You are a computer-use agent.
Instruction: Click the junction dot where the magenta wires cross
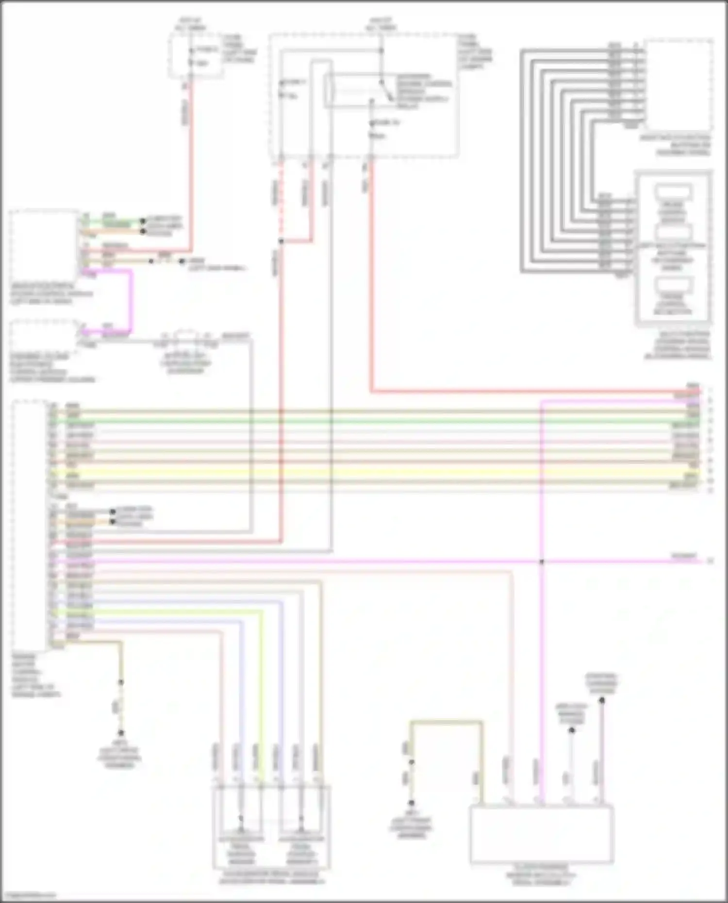click(542, 562)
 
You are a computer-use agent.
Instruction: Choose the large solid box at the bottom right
click(542, 835)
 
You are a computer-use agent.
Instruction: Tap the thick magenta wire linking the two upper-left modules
click(130, 301)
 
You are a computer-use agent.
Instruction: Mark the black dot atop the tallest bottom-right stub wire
click(601, 700)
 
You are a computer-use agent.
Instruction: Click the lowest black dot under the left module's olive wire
click(121, 733)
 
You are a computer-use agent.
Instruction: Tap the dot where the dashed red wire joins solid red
click(281, 241)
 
